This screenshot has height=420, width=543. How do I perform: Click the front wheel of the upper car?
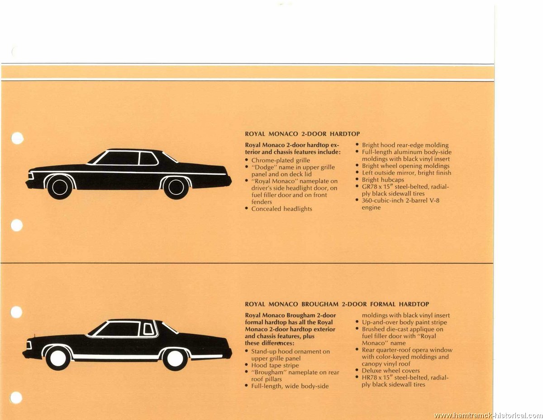[60, 187]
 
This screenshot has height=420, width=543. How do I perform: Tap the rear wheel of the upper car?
[176, 187]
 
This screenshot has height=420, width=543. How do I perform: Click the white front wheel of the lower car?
[58, 358]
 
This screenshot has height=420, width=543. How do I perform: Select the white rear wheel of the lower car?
[175, 358]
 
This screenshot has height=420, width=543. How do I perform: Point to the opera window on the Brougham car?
[148, 329]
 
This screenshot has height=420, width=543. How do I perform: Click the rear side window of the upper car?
[148, 158]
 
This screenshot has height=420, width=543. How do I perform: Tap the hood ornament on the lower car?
[34, 335]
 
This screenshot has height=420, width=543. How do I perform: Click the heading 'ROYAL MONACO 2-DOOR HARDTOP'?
[302, 134]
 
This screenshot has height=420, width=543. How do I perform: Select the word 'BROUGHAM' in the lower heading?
[320, 304]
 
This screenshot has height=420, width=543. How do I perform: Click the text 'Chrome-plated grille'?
[281, 160]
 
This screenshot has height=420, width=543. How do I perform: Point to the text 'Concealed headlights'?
[281, 208]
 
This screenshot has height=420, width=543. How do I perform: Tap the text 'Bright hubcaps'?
[383, 179]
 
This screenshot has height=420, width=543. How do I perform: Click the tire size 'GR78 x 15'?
[377, 187]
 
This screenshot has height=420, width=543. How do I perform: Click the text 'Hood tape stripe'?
[275, 365]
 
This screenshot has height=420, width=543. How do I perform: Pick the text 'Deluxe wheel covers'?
[391, 370]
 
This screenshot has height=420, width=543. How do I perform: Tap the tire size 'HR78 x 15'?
[377, 378]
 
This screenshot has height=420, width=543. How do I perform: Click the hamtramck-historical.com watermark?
[488, 415]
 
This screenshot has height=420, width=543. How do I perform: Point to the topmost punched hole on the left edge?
[17, 138]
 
